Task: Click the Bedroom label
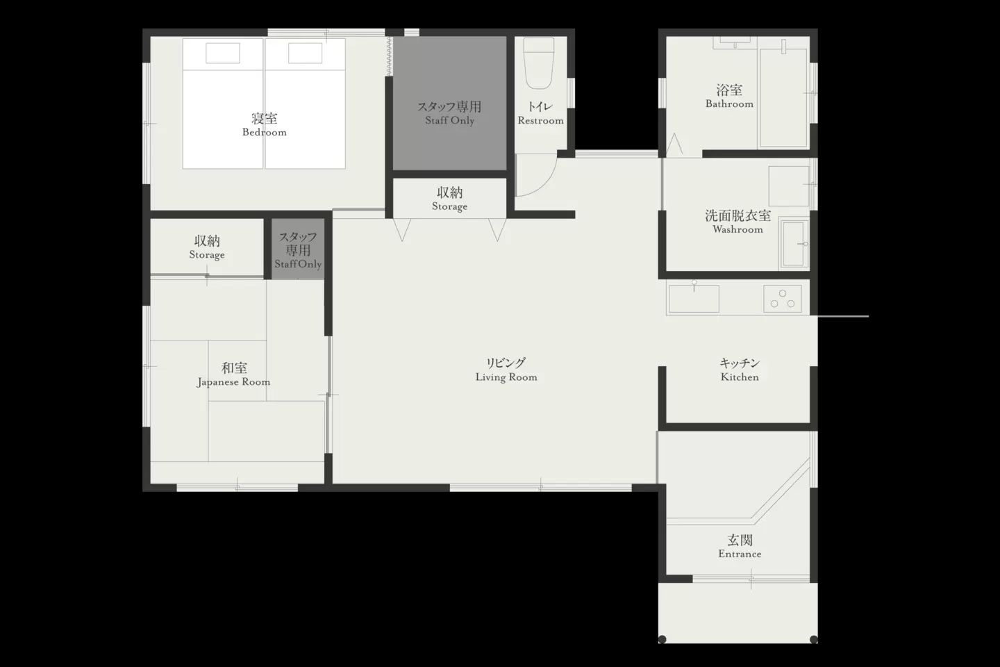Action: [x=265, y=124]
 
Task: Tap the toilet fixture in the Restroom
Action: [x=539, y=63]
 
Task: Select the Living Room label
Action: [x=506, y=370]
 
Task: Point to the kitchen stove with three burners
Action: [x=782, y=299]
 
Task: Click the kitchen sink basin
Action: [x=694, y=299]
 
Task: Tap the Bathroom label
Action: [x=729, y=97]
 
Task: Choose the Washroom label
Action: [x=738, y=222]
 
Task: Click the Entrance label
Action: [x=740, y=547]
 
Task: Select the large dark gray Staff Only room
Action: [x=449, y=104]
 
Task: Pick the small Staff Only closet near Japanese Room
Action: [x=298, y=249]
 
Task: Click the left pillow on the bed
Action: [x=223, y=53]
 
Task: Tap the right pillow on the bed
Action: [x=306, y=53]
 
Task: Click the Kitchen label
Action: [x=740, y=370]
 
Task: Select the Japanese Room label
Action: [x=234, y=374]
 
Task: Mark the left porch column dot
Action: [x=662, y=639]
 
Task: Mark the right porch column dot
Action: [x=814, y=639]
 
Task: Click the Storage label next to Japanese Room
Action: [x=207, y=247]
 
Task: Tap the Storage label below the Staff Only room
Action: [x=449, y=199]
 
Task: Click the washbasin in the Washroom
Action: [x=794, y=244]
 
